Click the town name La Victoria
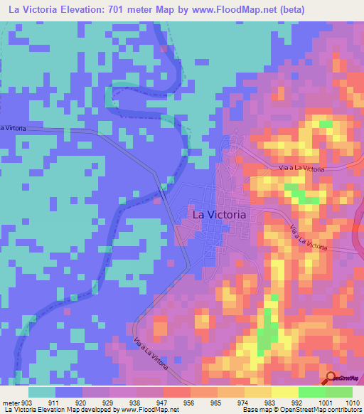[x=220, y=213]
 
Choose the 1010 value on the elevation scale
[x=352, y=403]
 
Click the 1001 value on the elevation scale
[x=325, y=403]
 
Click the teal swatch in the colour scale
[x=42, y=392]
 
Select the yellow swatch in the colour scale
[x=284, y=392]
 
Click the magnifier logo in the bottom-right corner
[x=330, y=378]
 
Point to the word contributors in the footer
[x=344, y=410]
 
